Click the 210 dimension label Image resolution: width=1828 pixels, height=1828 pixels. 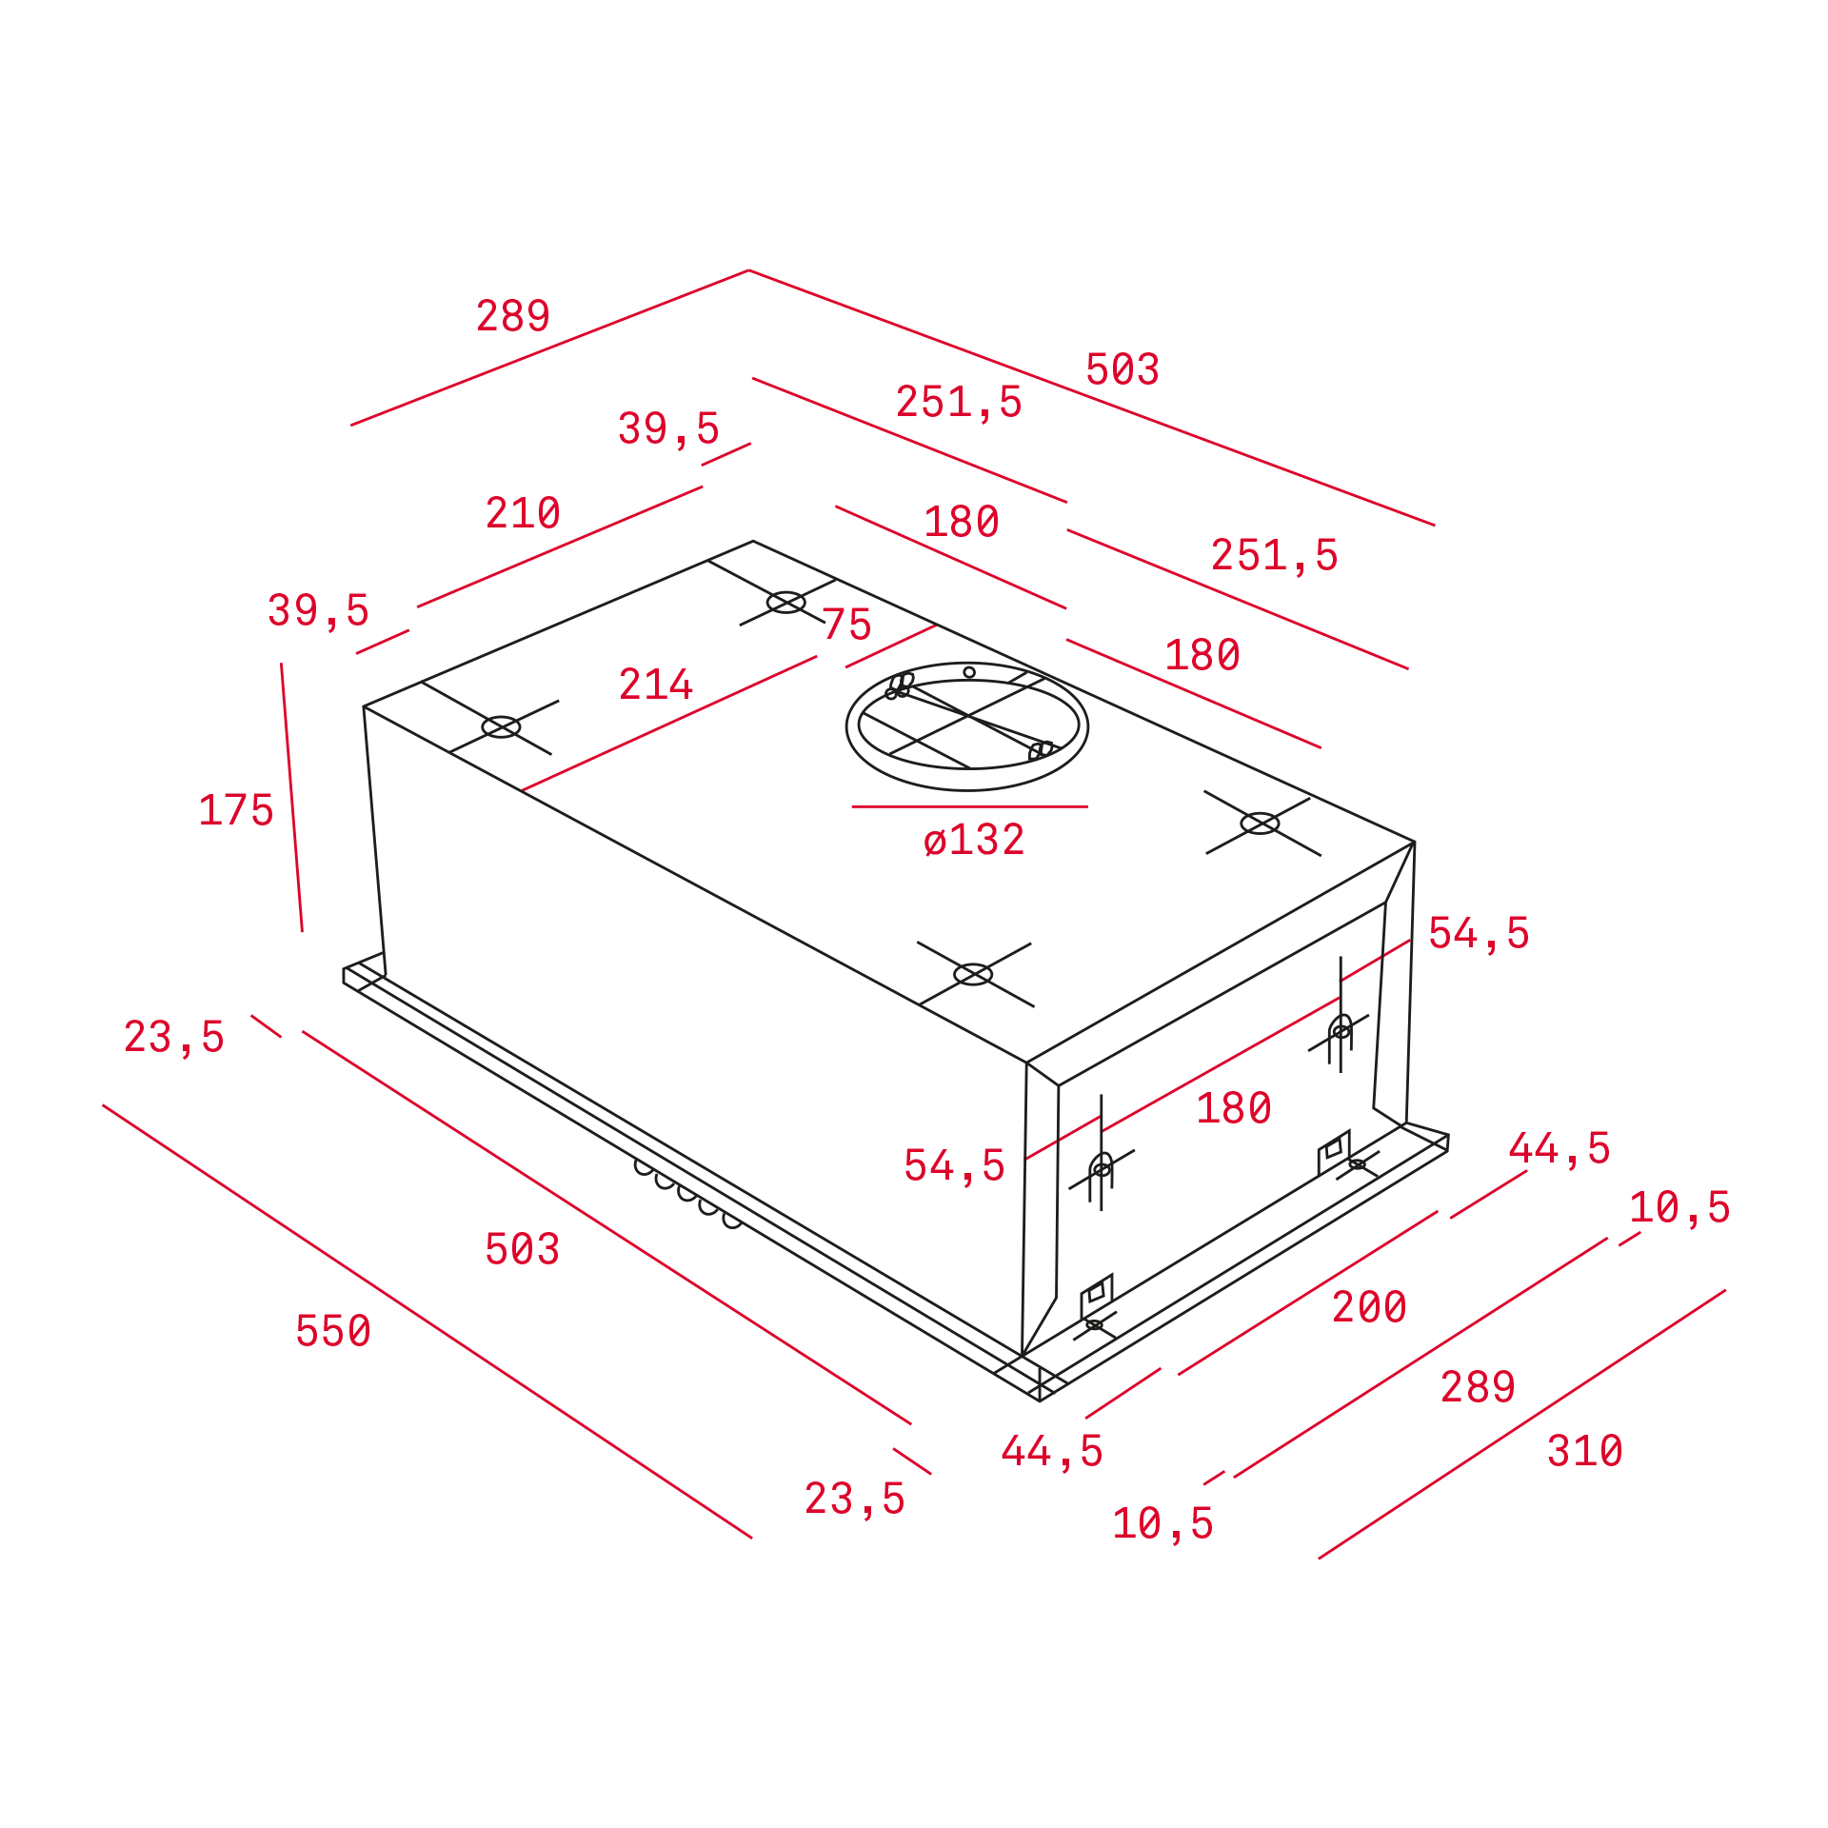(523, 513)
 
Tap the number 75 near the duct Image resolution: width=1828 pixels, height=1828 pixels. (846, 625)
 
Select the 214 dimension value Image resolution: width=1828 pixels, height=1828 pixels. (656, 684)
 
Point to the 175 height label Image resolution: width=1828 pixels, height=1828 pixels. (236, 810)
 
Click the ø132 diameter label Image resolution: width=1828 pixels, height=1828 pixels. (974, 840)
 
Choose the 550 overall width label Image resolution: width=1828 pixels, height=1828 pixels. (333, 1331)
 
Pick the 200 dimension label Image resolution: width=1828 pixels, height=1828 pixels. (1369, 1307)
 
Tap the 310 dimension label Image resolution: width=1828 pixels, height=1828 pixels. (1585, 1451)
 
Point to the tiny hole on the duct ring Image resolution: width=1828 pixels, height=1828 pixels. (969, 672)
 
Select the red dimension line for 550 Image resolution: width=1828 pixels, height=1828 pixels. (427, 1321)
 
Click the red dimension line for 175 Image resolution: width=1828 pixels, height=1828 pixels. (291, 798)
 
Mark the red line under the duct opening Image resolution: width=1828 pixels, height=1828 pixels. (969, 806)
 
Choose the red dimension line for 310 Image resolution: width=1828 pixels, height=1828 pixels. (1521, 1424)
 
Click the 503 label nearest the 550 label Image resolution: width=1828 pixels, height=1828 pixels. (523, 1249)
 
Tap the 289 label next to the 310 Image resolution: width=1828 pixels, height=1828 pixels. (1478, 1387)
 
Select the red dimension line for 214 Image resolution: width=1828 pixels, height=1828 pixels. (669, 724)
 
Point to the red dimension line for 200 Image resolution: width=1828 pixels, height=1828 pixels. (1308, 1293)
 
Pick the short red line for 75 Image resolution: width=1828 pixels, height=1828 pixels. (891, 646)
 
